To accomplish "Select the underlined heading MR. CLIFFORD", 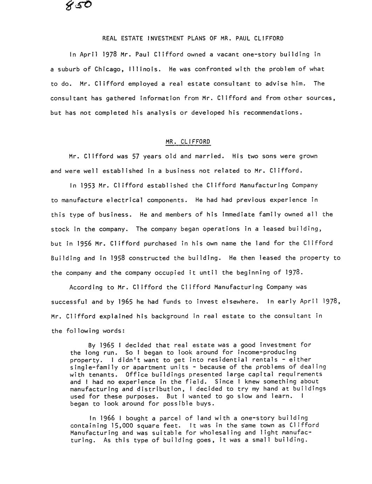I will (188, 142).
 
